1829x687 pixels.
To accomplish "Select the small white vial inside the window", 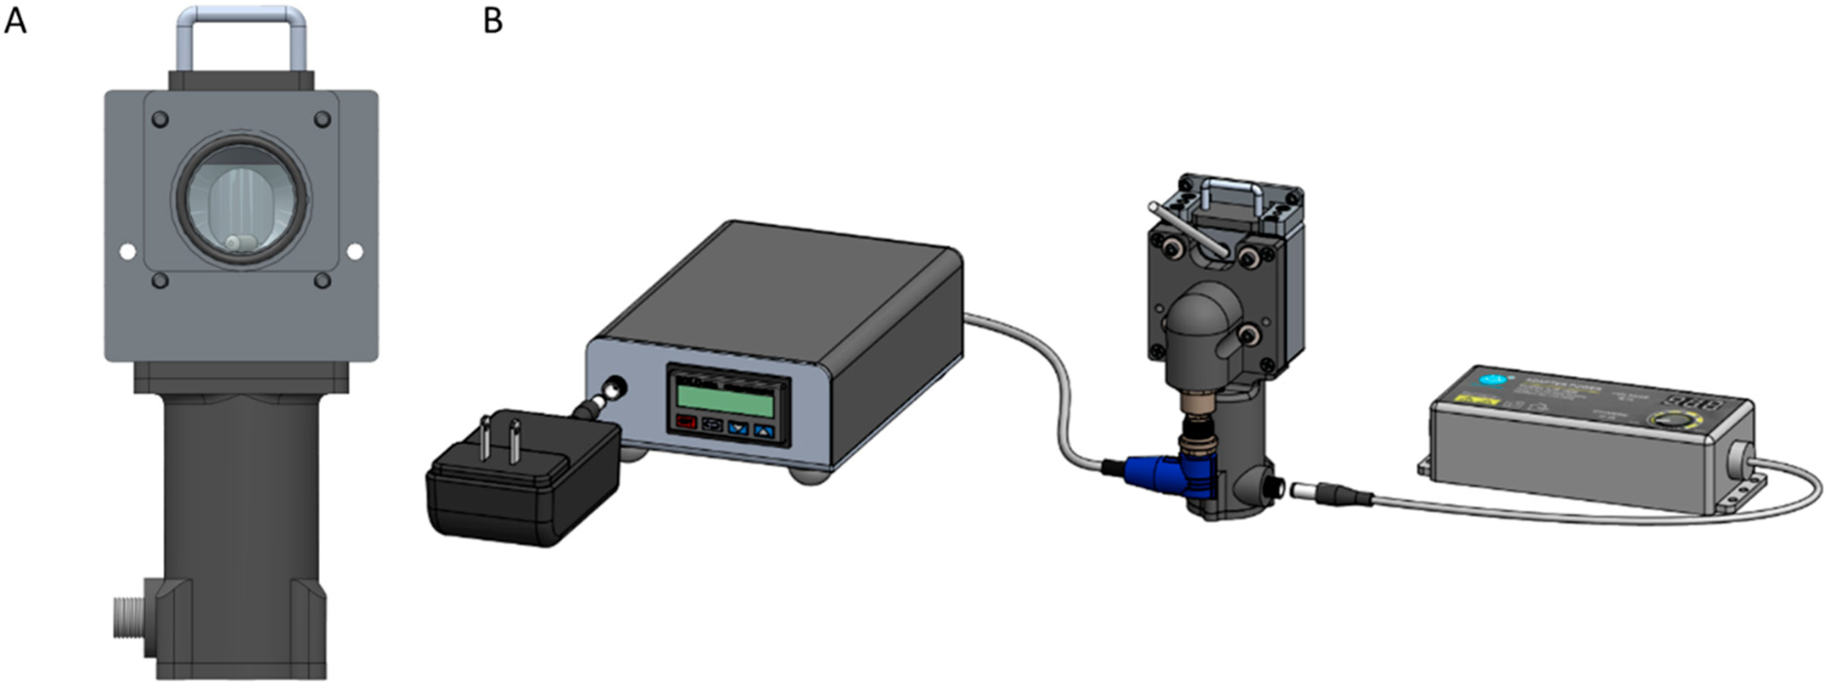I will (240, 241).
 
